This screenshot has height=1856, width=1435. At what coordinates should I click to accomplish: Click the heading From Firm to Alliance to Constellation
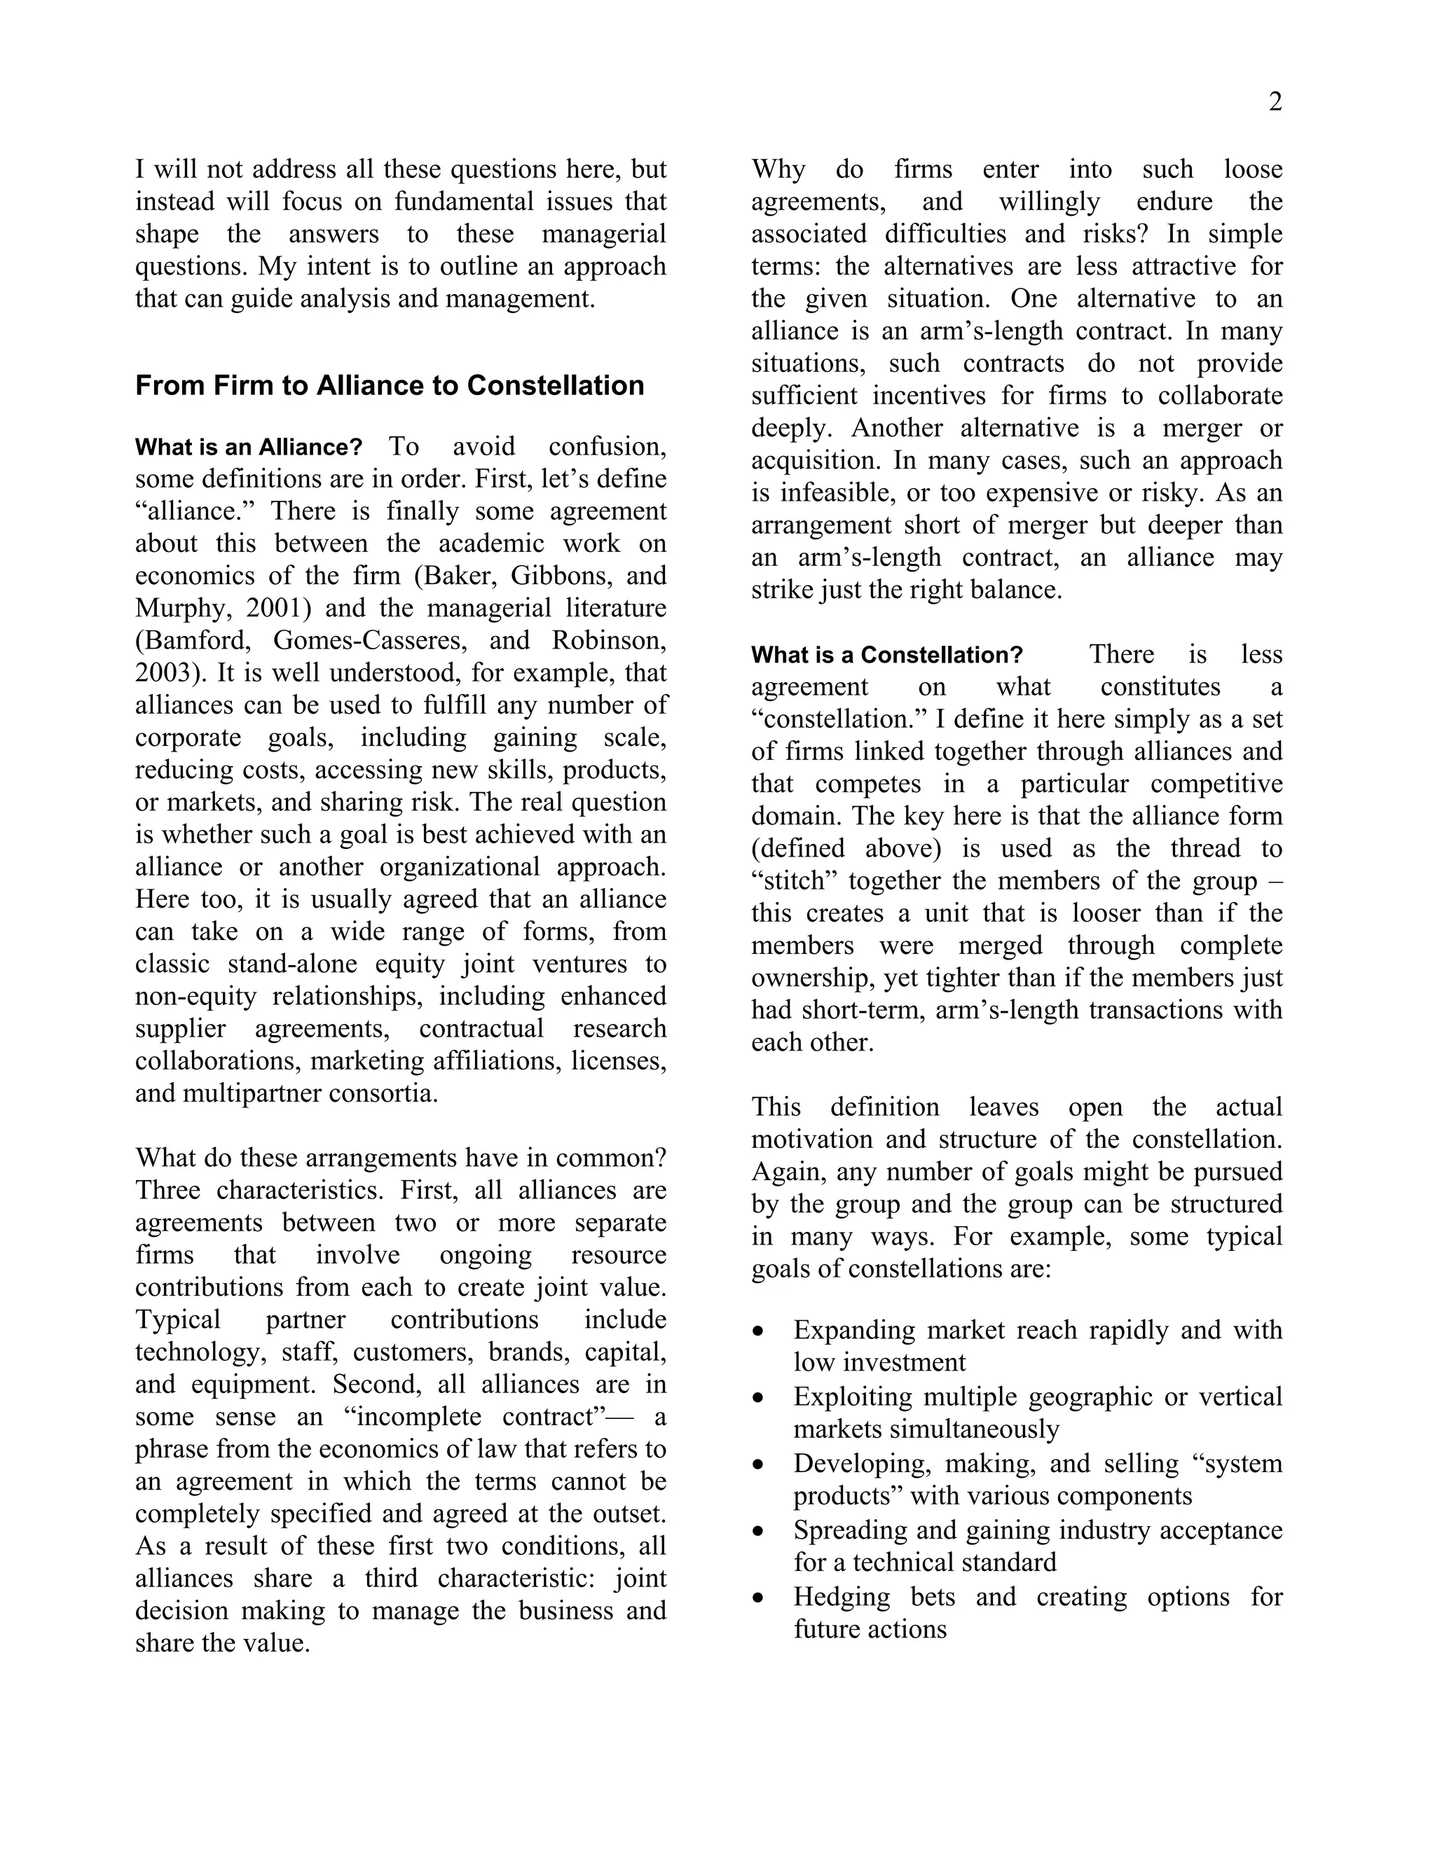390,386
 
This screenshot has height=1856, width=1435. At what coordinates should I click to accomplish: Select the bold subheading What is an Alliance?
248,447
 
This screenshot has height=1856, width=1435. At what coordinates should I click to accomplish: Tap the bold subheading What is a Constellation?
886,656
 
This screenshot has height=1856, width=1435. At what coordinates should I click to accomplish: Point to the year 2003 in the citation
165,673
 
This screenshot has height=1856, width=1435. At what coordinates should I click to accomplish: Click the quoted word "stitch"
794,881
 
